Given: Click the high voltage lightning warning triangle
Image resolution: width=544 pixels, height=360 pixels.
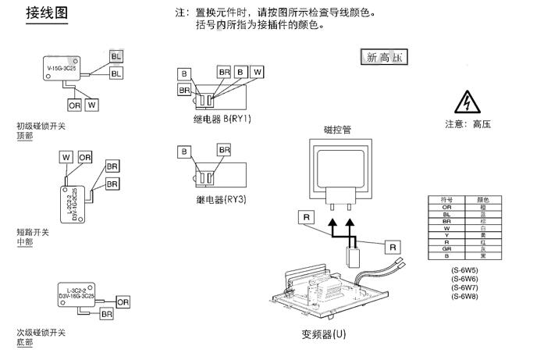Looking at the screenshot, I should (465, 102).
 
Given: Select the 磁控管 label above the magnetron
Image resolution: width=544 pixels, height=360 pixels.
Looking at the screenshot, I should (337, 130).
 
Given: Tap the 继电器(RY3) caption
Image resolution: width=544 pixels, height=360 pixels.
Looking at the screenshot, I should (221, 199).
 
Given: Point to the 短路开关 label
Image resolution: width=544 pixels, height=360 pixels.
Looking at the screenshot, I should (32, 232).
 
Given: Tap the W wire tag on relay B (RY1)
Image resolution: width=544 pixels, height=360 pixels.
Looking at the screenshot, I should (257, 72).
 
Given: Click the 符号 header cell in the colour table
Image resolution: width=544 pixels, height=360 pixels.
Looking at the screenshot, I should (446, 200).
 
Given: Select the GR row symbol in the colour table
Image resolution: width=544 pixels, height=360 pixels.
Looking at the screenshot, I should (446, 248).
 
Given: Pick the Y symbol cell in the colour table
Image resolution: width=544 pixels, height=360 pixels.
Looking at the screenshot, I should (446, 234).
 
